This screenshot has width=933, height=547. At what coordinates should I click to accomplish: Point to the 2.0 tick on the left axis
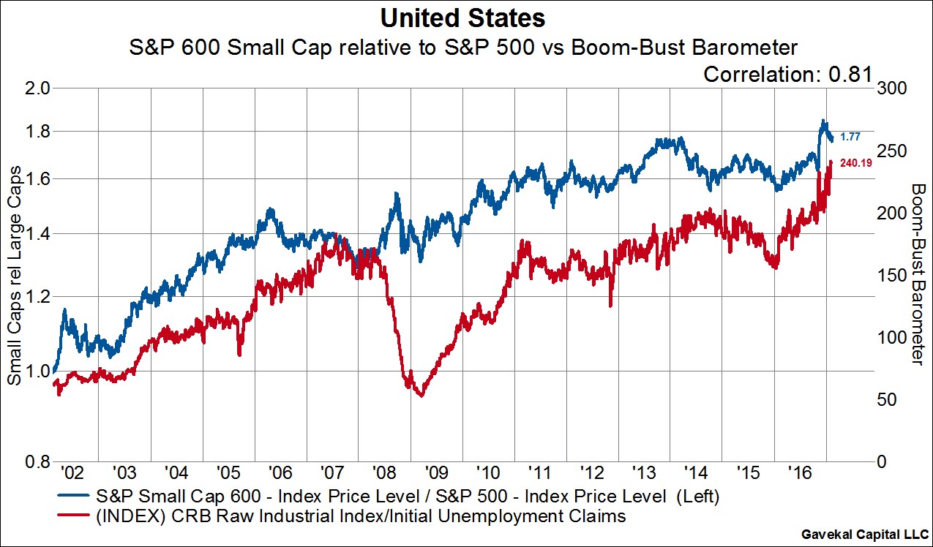coord(34,88)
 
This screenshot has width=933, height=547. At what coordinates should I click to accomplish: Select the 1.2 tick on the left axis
coord(34,297)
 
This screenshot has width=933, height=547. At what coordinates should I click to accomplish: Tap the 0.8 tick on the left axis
coord(34,462)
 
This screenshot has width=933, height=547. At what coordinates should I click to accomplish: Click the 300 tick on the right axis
coord(895,88)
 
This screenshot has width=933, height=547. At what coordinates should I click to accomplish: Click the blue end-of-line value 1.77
coord(850,137)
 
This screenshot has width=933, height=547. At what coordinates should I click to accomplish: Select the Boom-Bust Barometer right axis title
coord(917,273)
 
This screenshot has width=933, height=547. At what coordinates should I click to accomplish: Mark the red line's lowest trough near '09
coord(420,396)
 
